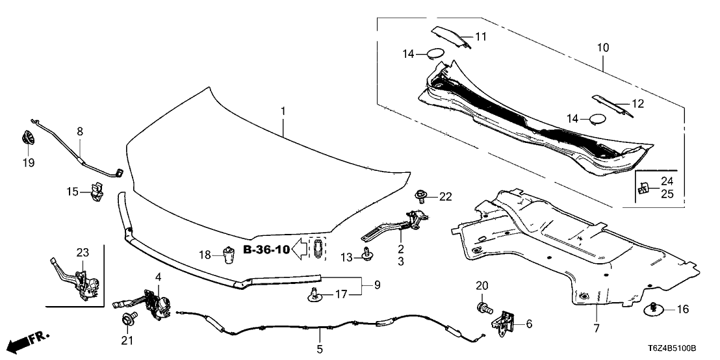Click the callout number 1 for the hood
[x=283, y=112]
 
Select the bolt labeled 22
[x=420, y=194]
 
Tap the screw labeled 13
[x=367, y=256]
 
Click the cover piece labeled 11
[x=451, y=37]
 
